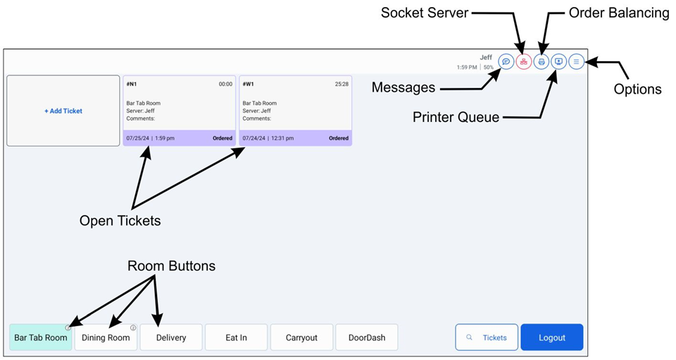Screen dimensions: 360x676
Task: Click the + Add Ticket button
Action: (x=63, y=111)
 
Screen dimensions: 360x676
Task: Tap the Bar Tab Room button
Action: (x=41, y=337)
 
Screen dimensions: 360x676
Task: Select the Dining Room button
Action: (x=106, y=337)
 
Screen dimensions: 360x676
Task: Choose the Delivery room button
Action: (x=171, y=337)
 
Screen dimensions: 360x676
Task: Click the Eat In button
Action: (x=236, y=337)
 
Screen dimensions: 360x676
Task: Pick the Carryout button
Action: (x=301, y=337)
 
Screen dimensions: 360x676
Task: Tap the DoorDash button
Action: (x=367, y=337)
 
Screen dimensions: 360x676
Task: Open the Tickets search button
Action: (x=487, y=337)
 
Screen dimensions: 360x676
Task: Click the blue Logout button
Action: (x=552, y=337)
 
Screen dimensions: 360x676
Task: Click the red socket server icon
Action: (x=524, y=61)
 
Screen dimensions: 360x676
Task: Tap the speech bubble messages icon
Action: (x=506, y=61)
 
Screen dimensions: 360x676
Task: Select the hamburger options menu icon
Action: (x=576, y=61)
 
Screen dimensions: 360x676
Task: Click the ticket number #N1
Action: (x=132, y=84)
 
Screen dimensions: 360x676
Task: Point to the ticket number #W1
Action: (x=248, y=84)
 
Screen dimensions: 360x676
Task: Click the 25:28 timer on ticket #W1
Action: (x=342, y=84)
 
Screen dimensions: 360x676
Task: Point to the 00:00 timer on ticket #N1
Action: (x=225, y=84)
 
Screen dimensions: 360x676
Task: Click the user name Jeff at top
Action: (x=486, y=57)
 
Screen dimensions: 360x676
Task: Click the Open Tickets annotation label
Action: (x=120, y=221)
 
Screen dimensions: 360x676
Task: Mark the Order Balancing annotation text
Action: (x=618, y=13)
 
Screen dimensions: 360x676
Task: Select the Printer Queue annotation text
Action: (x=456, y=117)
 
